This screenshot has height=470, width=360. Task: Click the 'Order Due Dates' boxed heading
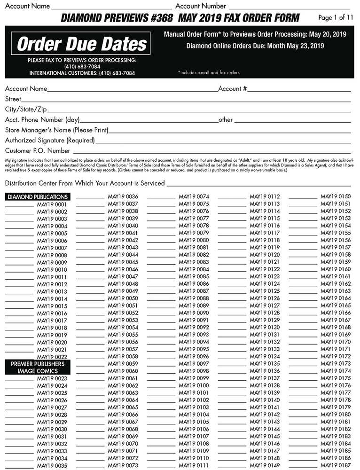(x=82, y=44)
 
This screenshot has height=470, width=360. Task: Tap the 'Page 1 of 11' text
(x=336, y=18)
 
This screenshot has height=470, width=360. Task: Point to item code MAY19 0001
(x=52, y=204)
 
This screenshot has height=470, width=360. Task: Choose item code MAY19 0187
(x=336, y=465)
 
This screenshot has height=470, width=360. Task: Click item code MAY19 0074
(x=194, y=196)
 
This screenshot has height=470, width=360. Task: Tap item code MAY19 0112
(x=265, y=196)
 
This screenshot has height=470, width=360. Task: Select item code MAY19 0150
(x=336, y=196)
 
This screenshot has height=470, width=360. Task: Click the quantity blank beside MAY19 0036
(x=90, y=198)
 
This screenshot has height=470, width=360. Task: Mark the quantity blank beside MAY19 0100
(x=161, y=387)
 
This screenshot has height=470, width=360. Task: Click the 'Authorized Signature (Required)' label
(x=50, y=140)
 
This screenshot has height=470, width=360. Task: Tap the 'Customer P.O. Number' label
(x=38, y=151)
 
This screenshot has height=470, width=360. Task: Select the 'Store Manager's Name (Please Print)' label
(x=57, y=130)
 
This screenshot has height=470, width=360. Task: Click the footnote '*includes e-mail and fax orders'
(x=209, y=73)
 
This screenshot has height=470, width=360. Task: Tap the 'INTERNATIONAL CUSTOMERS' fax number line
(x=82, y=73)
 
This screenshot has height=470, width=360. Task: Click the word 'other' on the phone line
(x=226, y=120)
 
